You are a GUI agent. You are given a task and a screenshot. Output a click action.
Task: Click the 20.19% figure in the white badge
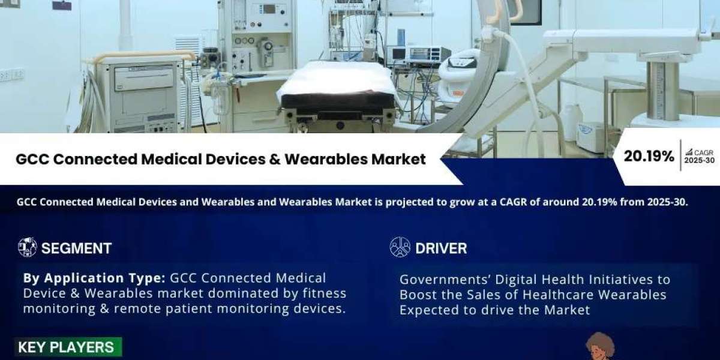[x=649, y=157]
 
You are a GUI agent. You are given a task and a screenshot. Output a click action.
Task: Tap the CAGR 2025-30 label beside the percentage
[x=700, y=156]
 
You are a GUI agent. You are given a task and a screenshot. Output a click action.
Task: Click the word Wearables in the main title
[x=326, y=159]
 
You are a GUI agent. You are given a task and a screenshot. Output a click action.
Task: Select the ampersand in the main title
[x=275, y=159]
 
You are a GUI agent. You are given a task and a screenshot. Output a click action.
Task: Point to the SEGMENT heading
[x=77, y=248]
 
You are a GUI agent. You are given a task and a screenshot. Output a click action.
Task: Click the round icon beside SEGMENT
[x=28, y=247]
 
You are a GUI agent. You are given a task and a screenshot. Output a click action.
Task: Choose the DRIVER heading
[x=441, y=248]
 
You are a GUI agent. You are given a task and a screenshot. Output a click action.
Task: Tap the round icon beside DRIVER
[x=400, y=247]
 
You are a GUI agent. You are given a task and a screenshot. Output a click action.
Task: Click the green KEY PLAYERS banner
[x=68, y=347]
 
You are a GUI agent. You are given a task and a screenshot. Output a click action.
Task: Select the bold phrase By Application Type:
[x=94, y=278]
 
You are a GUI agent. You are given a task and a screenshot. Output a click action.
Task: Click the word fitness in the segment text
[x=325, y=293]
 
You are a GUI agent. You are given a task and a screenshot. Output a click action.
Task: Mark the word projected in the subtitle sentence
[x=407, y=203]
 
